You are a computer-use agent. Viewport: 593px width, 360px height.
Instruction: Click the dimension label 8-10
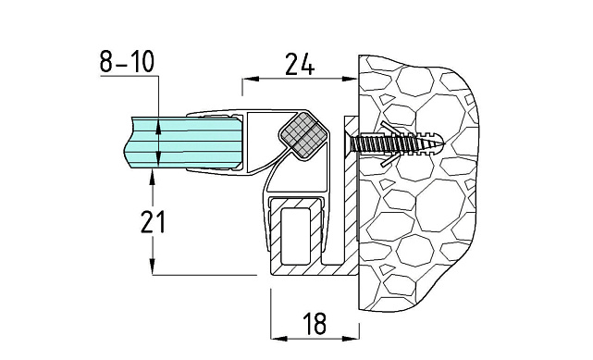point(127,62)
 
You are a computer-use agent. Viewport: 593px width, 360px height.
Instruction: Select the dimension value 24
point(300,64)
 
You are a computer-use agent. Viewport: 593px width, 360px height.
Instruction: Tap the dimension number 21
point(154,222)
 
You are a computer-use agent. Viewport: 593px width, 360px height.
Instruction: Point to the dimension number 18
point(315,324)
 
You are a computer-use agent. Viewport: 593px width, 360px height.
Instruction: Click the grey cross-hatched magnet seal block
point(303,136)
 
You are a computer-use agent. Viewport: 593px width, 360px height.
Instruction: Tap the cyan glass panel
point(183,143)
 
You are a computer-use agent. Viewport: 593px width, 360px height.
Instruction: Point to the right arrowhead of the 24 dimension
point(350,79)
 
